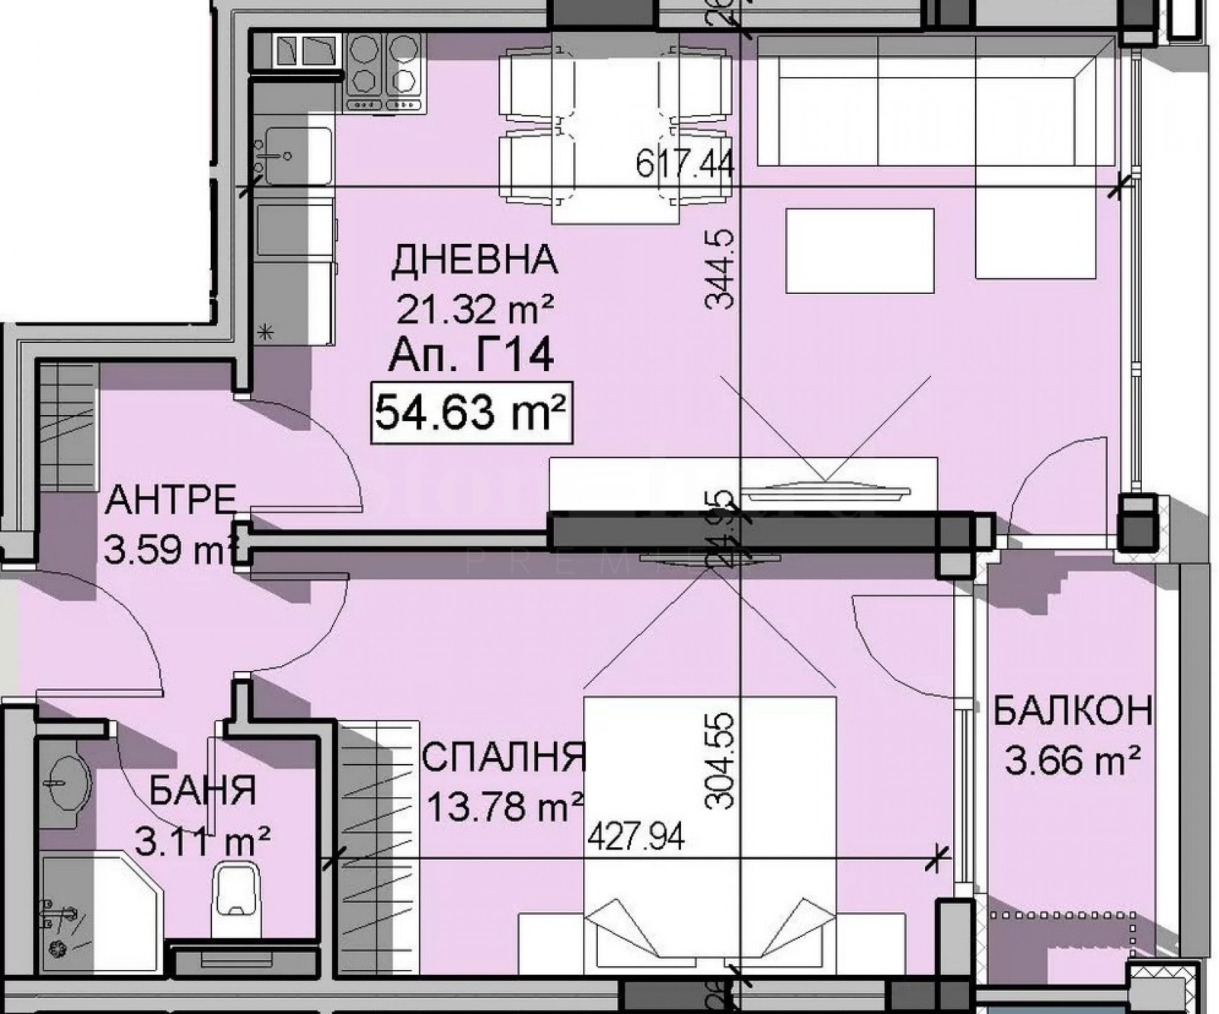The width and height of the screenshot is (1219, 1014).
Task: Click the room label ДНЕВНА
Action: coord(474,261)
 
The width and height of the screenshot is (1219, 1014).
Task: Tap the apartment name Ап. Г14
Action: coord(470,355)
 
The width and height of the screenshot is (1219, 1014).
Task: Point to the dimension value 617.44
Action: coord(683,163)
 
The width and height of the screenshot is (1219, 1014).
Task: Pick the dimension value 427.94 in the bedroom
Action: coord(636,837)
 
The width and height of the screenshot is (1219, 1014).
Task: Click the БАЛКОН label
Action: coord(1072,712)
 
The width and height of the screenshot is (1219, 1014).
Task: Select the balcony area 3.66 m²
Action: coord(1072,760)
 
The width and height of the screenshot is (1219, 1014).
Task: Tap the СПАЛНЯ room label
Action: coord(504,757)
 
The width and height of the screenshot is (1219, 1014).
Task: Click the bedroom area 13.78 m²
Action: coord(505,807)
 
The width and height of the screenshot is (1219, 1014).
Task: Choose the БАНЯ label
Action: coord(202,791)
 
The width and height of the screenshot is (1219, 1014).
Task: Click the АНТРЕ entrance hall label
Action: coord(171,501)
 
